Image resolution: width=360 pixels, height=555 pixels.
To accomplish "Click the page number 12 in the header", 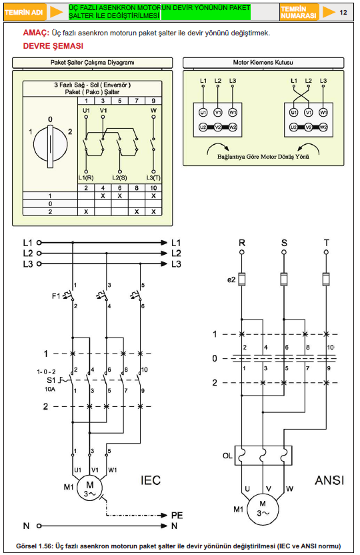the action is [343, 13].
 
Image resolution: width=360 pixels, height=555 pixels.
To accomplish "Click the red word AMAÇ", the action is [36, 33].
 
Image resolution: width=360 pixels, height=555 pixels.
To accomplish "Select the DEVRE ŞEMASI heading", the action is [53, 46].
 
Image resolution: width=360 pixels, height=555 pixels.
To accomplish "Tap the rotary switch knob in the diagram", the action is [50, 144].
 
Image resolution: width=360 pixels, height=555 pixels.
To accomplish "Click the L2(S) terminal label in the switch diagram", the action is [119, 177].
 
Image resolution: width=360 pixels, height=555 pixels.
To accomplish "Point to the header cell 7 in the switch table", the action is [137, 101].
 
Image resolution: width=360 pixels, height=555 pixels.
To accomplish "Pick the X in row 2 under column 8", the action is [137, 211].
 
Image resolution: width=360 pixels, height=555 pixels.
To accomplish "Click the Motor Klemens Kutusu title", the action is [263, 62].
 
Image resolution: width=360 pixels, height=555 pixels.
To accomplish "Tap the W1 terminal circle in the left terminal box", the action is [233, 113].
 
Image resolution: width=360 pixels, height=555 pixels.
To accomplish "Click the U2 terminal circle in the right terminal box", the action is [293, 127].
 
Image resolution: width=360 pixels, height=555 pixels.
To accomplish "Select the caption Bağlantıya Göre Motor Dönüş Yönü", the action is [263, 157].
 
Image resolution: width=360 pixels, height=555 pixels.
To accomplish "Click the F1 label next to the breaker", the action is [56, 296].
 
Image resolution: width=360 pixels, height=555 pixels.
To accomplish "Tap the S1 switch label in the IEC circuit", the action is [51, 380].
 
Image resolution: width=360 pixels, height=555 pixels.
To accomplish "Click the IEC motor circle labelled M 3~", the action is [90, 488].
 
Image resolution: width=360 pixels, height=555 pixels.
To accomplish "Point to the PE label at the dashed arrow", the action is [177, 516].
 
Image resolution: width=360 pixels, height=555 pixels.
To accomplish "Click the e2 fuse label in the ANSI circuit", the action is [231, 280].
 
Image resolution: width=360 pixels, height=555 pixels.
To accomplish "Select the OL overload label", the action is [227, 456].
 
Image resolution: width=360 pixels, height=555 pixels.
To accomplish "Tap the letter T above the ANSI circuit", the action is [327, 243].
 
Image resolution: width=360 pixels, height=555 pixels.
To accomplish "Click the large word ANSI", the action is [329, 480].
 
